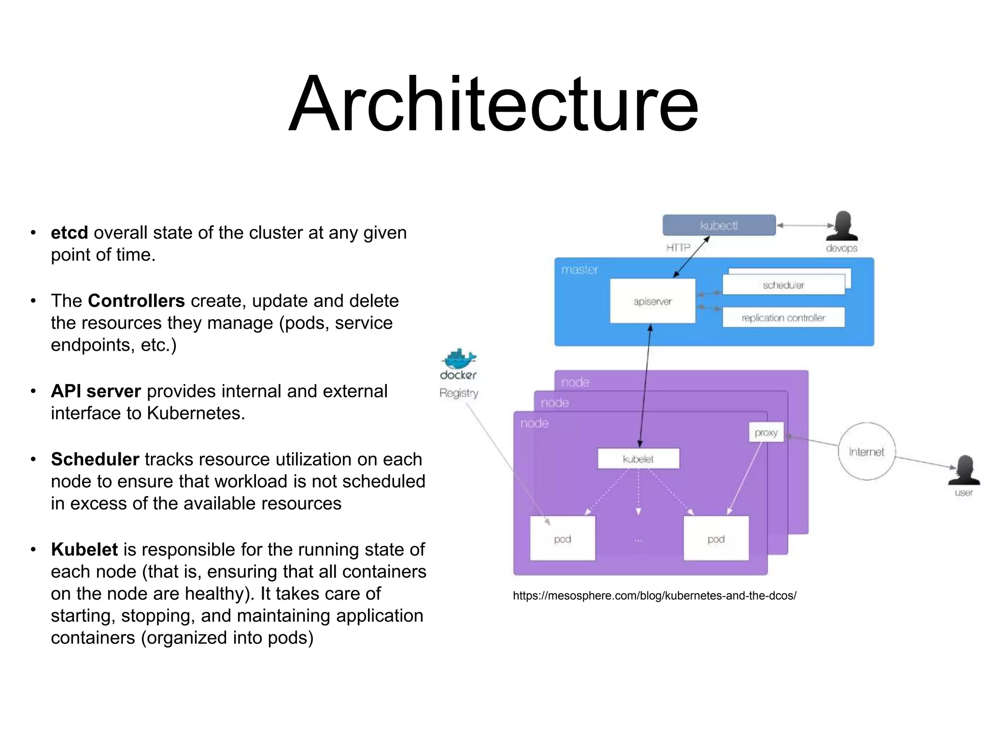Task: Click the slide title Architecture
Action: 494,103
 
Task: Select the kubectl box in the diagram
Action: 719,226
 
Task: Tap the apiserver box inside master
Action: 652,301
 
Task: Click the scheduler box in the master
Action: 783,285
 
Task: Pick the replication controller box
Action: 783,318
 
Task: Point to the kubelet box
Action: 638,459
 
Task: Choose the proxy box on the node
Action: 766,432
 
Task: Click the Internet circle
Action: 866,452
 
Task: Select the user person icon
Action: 964,471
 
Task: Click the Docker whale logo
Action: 458,359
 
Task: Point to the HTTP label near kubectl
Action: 678,248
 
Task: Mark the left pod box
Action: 563,539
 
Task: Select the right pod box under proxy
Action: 716,539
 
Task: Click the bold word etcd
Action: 70,233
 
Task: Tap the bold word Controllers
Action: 136,301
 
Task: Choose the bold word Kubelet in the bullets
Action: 85,550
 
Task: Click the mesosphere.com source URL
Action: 654,596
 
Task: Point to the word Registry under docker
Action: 459,393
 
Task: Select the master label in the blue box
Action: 579,270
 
